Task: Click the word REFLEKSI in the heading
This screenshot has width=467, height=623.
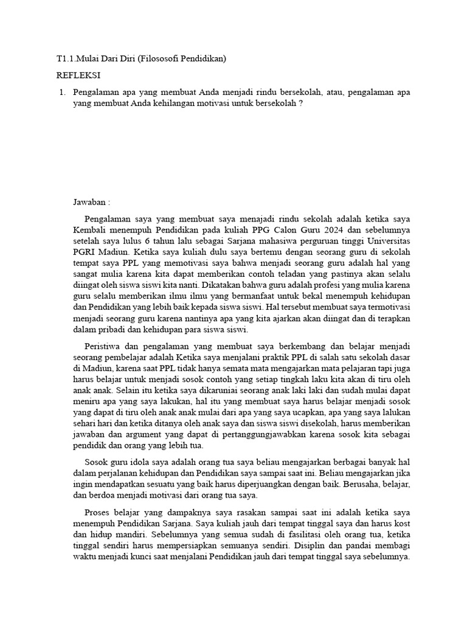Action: pos(78,75)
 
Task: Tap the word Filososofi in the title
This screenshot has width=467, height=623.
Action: pos(159,59)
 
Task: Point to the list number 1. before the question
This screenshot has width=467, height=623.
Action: pos(61,92)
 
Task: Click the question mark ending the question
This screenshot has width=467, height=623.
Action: pos(300,103)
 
